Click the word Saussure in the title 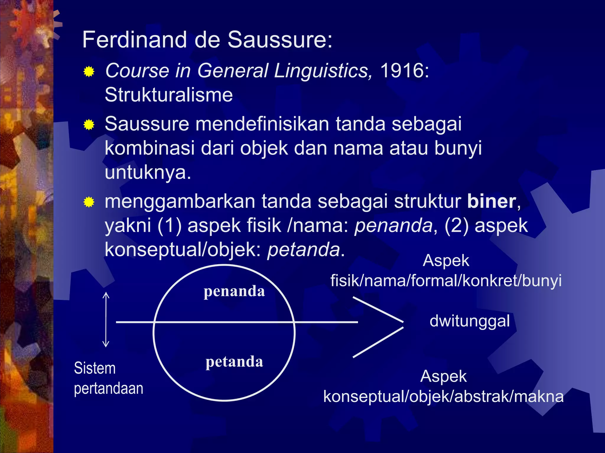click(x=280, y=40)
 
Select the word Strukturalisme click(x=169, y=95)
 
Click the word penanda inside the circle click(x=234, y=291)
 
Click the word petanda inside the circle click(x=234, y=362)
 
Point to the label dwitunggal click(x=469, y=321)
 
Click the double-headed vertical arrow click(x=106, y=320)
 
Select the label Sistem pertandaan click(x=108, y=378)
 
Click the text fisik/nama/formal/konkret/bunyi click(x=446, y=280)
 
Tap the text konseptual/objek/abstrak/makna click(x=443, y=397)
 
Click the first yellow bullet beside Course click(x=89, y=71)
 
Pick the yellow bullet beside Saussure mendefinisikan click(x=89, y=125)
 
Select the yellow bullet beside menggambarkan click(x=89, y=202)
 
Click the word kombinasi click(x=149, y=148)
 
